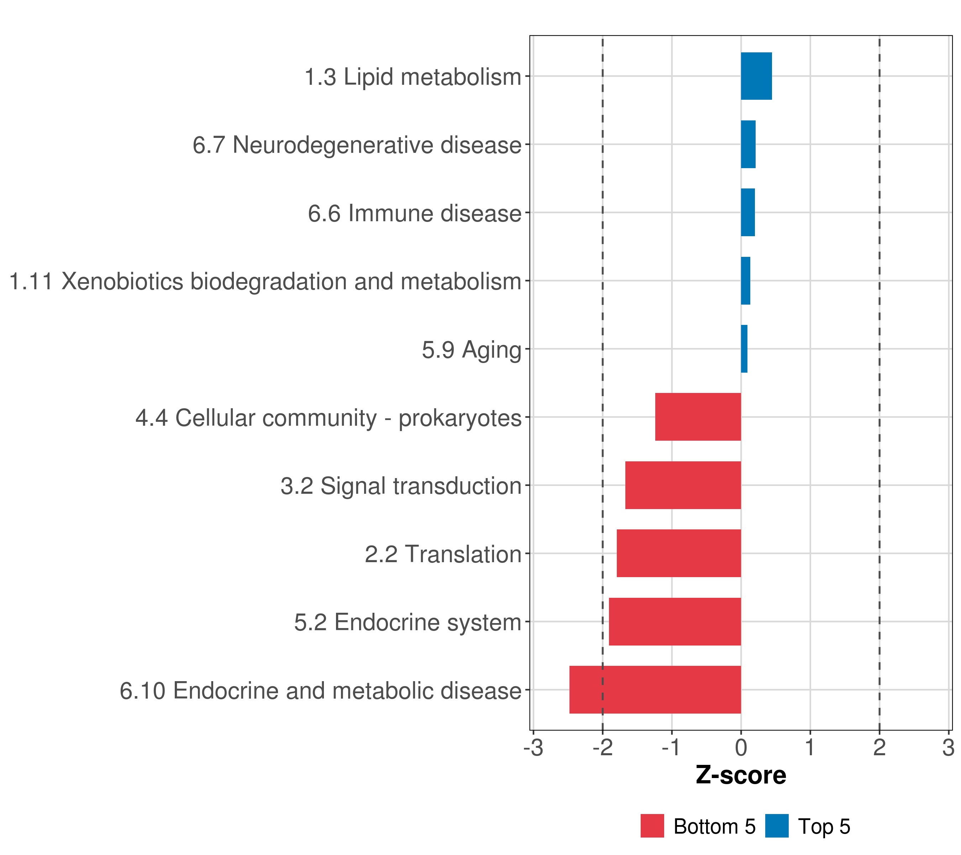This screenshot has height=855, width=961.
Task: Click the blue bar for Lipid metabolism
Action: (756, 76)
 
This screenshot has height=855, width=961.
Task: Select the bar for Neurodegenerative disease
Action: (749, 145)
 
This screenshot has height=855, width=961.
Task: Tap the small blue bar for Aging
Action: (744, 349)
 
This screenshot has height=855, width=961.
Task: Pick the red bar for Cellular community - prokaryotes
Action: (698, 417)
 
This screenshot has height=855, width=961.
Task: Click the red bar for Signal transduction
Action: (683, 485)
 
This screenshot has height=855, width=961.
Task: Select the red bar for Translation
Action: (679, 553)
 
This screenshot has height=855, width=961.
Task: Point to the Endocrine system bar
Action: (675, 622)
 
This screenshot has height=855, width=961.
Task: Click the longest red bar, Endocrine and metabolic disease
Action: (655, 690)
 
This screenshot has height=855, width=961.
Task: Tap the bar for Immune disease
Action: (748, 212)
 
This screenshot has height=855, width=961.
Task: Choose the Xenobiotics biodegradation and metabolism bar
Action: (746, 281)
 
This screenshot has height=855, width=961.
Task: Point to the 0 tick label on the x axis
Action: (741, 748)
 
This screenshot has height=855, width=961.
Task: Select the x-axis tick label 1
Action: (810, 748)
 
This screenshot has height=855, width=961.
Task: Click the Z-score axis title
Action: (741, 776)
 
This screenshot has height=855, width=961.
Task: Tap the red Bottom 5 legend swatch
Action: (652, 826)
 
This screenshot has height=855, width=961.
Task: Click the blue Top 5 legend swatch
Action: (777, 826)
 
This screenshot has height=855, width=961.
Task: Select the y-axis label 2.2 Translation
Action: (443, 554)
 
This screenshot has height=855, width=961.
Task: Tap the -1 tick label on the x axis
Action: (671, 748)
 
